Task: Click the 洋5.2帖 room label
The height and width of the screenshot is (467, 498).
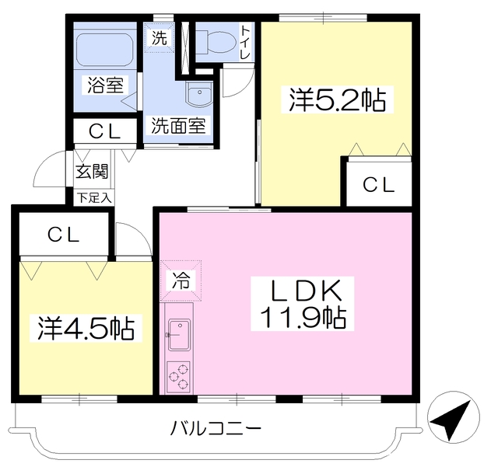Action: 338,100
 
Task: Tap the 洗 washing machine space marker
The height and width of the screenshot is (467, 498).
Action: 160,37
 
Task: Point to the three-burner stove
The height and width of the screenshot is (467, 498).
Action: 178,375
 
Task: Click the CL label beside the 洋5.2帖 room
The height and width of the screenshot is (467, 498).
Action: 379,185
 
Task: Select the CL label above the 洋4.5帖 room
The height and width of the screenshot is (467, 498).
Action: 63,234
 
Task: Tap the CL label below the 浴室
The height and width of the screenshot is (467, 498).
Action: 104,131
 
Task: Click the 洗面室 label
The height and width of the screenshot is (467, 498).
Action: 178,124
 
